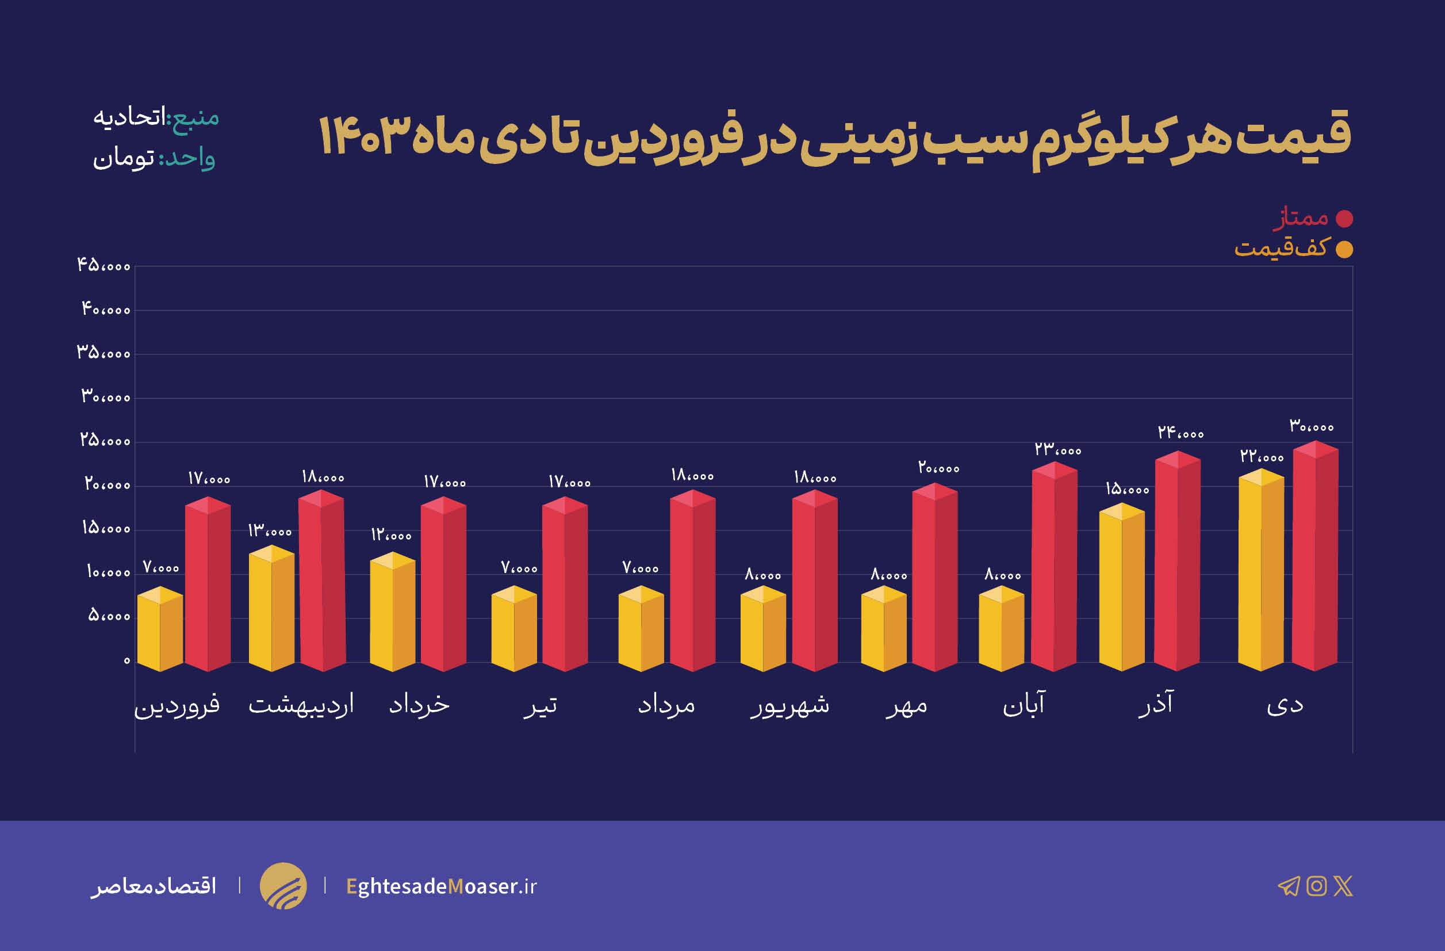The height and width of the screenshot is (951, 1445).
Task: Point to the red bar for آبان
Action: tap(1055, 567)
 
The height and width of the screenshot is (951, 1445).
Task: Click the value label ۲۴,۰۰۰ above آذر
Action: tap(1180, 433)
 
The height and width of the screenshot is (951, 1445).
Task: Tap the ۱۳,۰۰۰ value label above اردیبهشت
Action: tap(270, 531)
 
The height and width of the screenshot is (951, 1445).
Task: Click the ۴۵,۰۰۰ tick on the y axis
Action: tap(104, 265)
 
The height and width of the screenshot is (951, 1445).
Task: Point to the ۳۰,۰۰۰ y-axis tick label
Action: tap(106, 397)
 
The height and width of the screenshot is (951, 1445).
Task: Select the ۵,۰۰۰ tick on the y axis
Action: tap(109, 616)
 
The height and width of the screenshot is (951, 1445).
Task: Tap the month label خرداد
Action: tap(420, 704)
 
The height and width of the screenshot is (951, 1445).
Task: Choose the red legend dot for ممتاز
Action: tap(1344, 219)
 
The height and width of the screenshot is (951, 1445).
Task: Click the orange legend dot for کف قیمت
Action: tap(1344, 250)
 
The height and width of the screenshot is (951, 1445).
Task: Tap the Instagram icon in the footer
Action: tap(1316, 886)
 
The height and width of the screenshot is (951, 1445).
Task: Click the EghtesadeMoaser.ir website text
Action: tap(442, 887)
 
